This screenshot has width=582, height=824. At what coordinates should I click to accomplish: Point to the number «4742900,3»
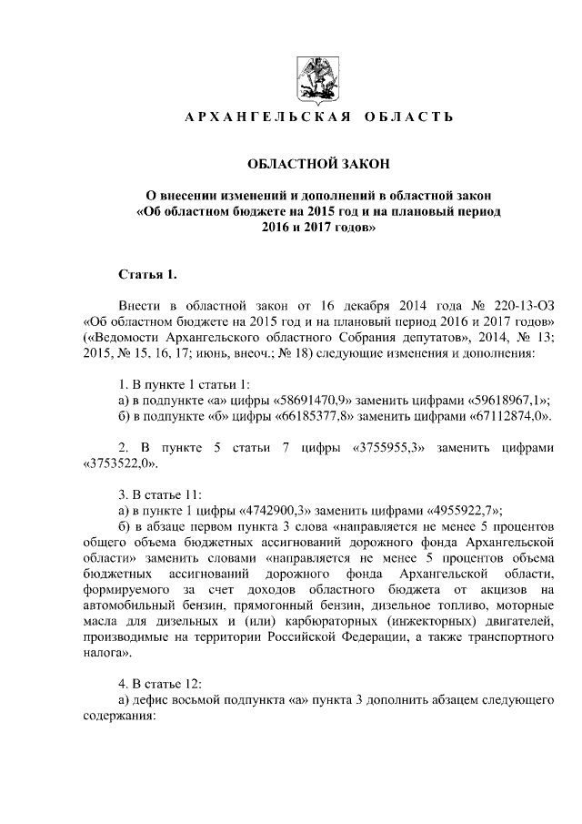tap(275, 511)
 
